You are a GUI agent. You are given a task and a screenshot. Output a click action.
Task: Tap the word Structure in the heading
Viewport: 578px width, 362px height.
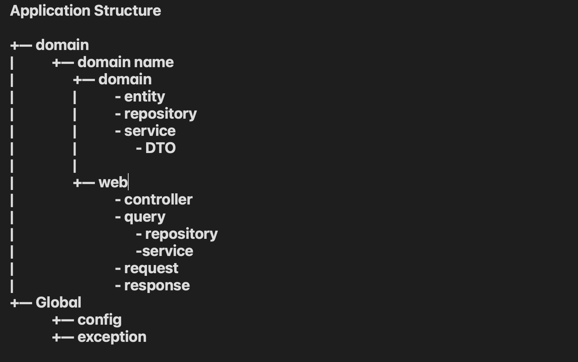[x=127, y=11]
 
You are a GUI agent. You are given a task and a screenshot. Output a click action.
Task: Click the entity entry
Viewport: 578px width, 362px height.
[x=144, y=97]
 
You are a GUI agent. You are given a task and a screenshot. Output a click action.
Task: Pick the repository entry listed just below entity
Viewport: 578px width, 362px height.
[x=160, y=114]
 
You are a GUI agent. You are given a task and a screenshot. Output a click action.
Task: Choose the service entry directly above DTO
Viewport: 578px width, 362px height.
[x=150, y=131]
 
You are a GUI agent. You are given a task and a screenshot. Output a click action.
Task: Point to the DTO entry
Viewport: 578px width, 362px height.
[x=160, y=148]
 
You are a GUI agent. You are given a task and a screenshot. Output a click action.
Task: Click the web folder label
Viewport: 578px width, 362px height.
[x=113, y=182]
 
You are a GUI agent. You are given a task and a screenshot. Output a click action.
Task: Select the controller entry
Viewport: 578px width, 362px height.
[x=158, y=200]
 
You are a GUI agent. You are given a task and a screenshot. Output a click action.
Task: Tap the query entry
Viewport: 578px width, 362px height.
[x=145, y=217]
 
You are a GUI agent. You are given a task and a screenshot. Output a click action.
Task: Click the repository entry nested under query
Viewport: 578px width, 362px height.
[x=181, y=234]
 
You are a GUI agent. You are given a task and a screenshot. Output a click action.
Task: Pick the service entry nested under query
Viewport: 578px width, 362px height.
[x=167, y=251]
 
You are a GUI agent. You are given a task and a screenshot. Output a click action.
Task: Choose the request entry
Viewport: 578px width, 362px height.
[x=151, y=268]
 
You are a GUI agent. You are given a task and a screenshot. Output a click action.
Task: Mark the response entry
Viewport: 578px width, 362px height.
[x=157, y=285]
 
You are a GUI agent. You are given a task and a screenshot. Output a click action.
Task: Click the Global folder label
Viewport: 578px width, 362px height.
[x=58, y=303]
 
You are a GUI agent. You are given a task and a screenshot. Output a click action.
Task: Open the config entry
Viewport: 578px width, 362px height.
[x=99, y=320]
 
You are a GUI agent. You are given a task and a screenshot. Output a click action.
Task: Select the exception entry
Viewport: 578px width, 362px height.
[x=112, y=337]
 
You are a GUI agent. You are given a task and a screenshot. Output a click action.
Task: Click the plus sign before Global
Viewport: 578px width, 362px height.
[x=15, y=303]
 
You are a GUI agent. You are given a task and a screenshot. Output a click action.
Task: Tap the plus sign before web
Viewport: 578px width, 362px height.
[x=77, y=183]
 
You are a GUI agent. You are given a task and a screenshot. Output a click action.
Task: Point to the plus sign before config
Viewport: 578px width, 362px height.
[x=56, y=320]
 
